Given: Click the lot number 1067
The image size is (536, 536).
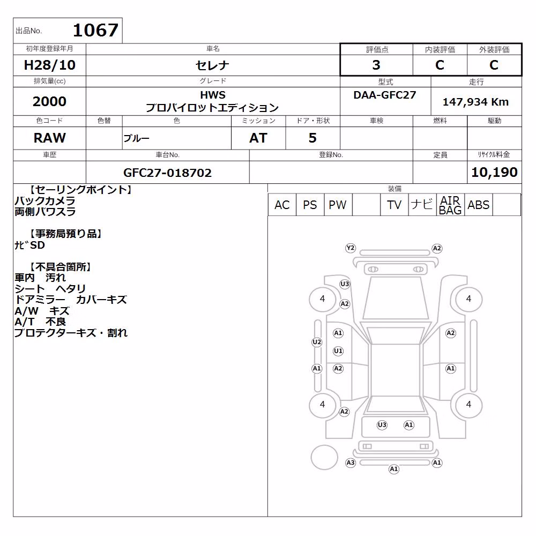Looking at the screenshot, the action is click(x=96, y=30).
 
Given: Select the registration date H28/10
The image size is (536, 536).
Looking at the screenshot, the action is click(x=49, y=65).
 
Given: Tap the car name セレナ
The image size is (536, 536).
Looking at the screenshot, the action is click(x=212, y=65).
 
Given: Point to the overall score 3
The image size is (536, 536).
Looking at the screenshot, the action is click(x=376, y=65).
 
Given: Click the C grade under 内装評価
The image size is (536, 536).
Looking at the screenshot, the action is click(x=440, y=65).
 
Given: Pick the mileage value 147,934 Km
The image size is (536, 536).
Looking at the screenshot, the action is click(x=475, y=102).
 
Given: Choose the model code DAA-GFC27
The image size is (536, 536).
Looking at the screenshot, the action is click(x=384, y=95).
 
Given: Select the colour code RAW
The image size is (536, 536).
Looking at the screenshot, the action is click(x=49, y=138).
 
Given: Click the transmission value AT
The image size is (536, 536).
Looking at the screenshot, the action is click(x=258, y=138).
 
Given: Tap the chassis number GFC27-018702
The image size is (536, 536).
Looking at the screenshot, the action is click(x=167, y=173).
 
